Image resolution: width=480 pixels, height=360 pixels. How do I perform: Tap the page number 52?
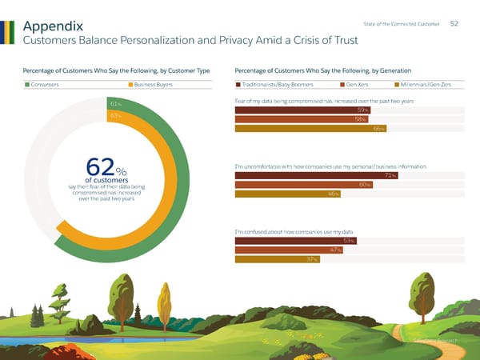(454, 23)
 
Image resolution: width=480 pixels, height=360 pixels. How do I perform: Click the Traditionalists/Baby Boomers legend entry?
(281, 85)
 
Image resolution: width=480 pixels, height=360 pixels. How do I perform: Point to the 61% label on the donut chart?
(115, 104)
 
